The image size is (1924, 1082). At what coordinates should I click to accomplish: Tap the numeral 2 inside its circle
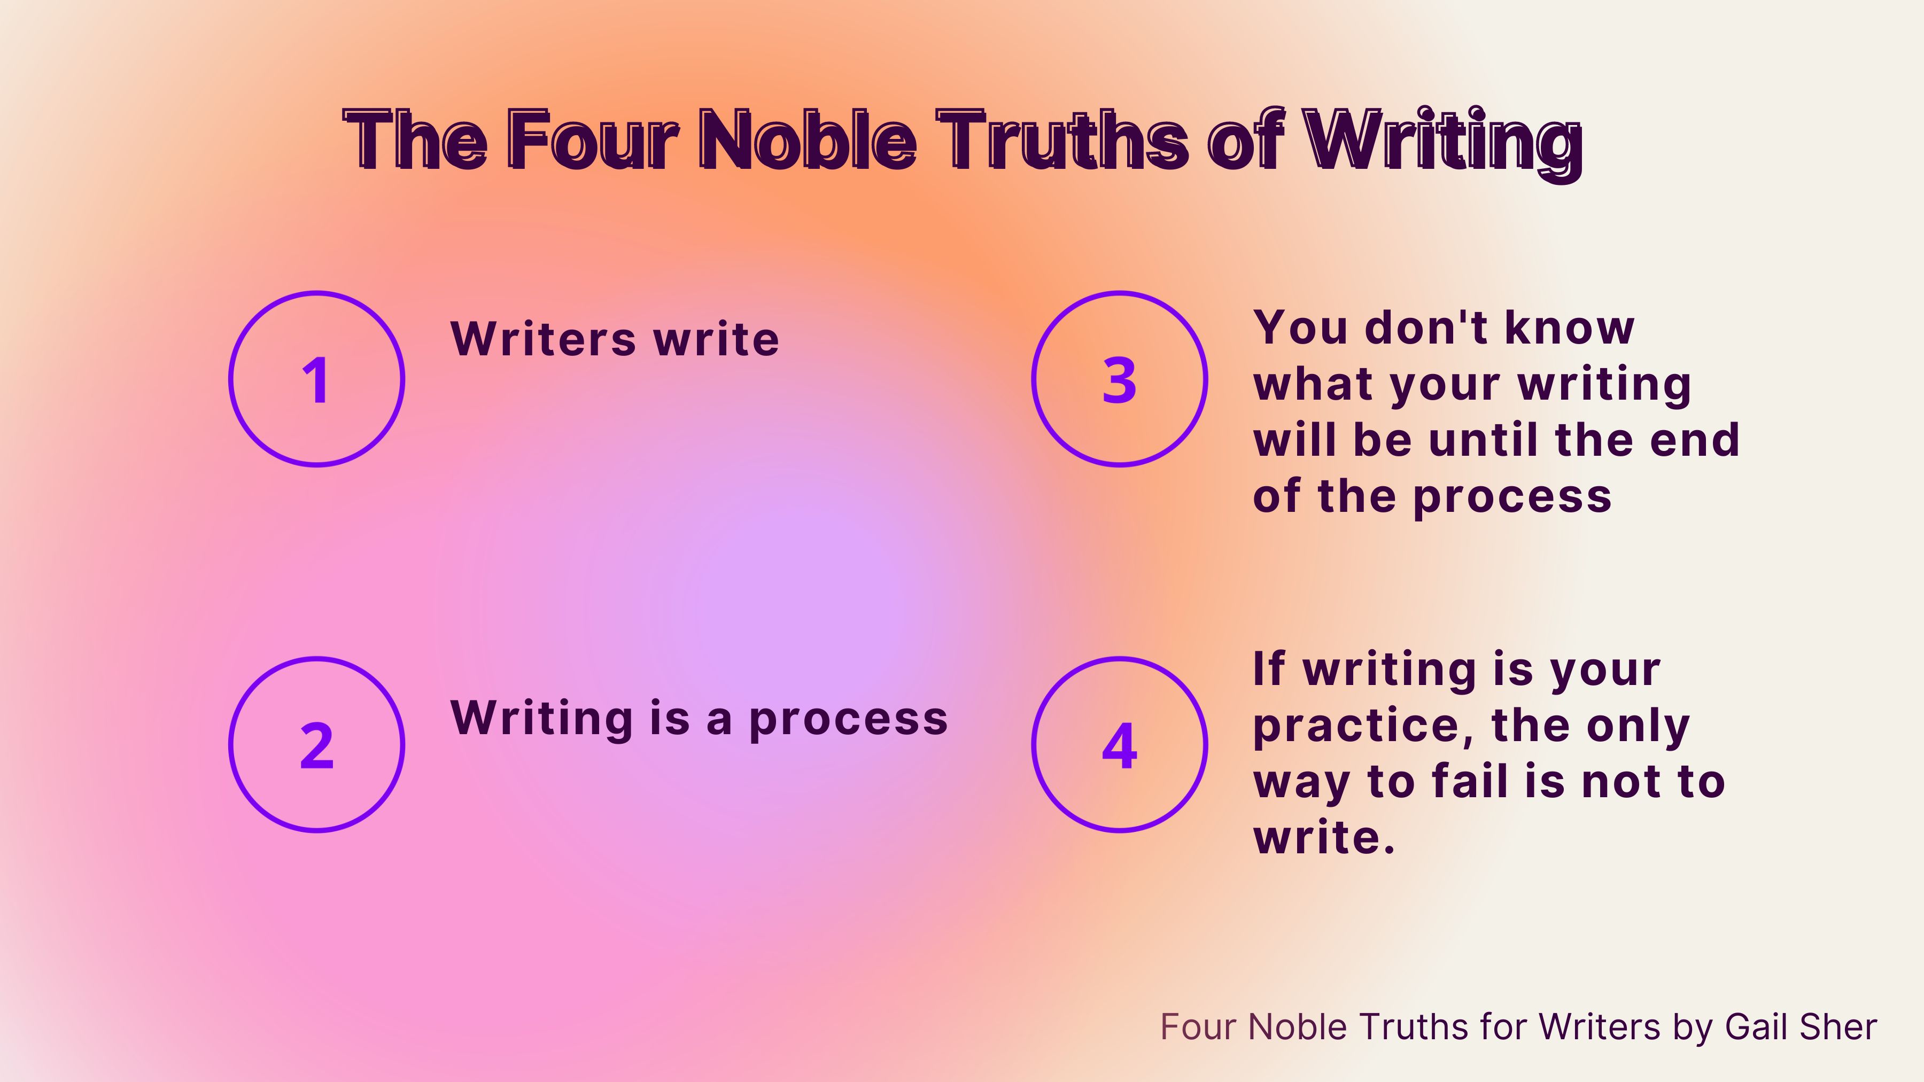pyautogui.click(x=317, y=745)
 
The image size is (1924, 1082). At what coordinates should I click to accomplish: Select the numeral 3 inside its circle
pyautogui.click(x=1119, y=380)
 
